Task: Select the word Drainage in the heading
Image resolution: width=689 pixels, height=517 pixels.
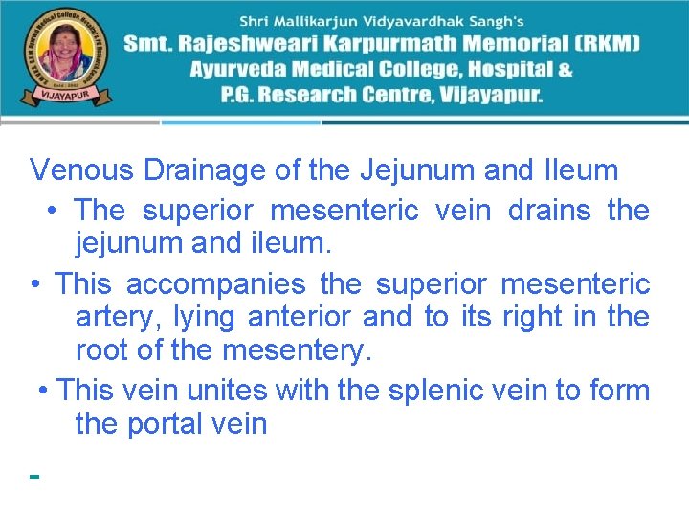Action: [205, 170]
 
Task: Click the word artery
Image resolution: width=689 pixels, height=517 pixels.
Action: [115, 317]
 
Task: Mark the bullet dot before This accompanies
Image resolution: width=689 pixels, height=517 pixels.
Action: [34, 285]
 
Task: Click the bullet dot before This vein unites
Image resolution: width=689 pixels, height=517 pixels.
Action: [44, 392]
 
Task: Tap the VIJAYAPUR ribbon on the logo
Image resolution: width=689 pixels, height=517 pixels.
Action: [58, 97]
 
